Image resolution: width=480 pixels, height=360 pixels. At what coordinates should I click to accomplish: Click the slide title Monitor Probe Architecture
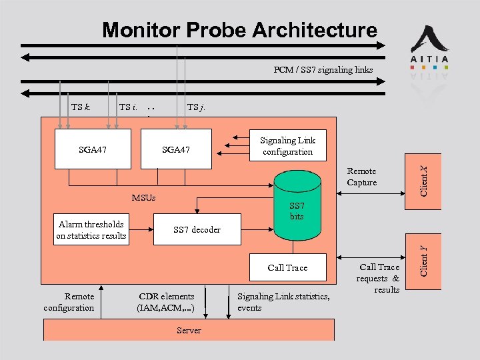pos(239,30)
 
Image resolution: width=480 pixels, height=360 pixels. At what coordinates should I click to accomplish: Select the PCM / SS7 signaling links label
pos(323,69)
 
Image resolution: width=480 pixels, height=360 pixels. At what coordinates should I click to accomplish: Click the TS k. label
pos(81,107)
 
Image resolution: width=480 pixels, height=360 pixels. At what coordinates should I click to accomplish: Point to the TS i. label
pos(128,107)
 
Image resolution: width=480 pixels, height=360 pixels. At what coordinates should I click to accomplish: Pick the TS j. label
pos(197,107)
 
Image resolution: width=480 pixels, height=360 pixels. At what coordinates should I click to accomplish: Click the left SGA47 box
pos(92,149)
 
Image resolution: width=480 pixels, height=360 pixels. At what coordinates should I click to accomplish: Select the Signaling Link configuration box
pos(287,146)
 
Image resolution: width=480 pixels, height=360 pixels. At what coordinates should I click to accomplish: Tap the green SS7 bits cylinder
pos(297,207)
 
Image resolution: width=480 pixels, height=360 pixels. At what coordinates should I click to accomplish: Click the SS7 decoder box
pos(197,230)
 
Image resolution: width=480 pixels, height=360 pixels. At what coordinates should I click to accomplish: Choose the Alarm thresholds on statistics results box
pos(91,230)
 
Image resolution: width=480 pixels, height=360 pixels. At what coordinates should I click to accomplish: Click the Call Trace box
pos(287,268)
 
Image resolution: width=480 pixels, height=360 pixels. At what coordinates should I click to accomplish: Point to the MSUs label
pos(143,198)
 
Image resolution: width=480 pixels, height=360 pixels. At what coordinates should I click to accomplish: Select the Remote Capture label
pos(362,177)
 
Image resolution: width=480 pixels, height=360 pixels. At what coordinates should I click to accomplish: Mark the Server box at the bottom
pos(189,330)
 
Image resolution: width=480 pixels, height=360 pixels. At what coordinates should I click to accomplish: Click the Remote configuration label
pos(69,302)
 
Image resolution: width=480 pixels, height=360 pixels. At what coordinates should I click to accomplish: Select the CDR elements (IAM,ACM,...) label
pos(166,302)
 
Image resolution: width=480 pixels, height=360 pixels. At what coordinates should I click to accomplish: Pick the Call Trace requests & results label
pos(378,278)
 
